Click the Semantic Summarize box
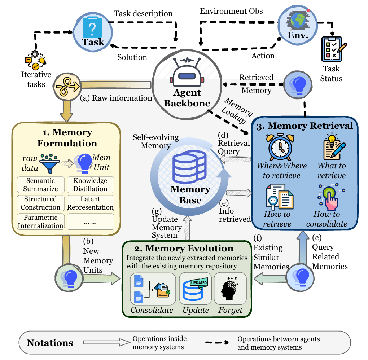pos(40,184)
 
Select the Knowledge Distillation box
pos(91,184)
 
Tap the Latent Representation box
pos(91,203)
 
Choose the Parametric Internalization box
pos(40,221)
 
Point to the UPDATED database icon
pos(196,290)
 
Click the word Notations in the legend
pos(50,342)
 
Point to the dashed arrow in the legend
pos(219,342)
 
